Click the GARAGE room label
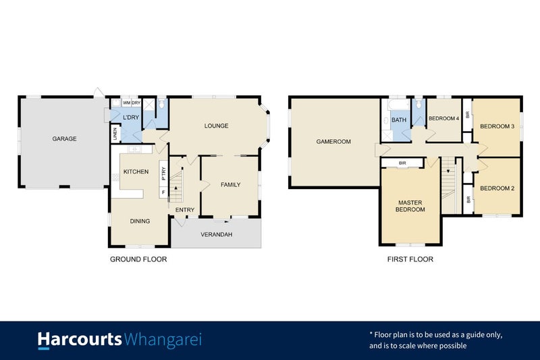pos(65,139)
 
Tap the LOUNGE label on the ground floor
pos(217,126)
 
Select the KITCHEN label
pos(136,172)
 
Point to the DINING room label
pos(140,220)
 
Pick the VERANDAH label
pos(216,234)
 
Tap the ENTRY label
pos(185,210)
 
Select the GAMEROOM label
pos(333,142)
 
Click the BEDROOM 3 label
pos(497,126)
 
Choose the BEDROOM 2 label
pos(497,188)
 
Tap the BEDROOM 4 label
pos(443,119)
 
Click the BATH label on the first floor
pos(399,120)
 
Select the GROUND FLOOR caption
pos(138,259)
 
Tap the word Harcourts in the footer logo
pos(80,339)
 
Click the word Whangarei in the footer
pos(163,339)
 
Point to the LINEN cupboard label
pos(115,134)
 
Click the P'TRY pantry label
pos(163,172)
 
